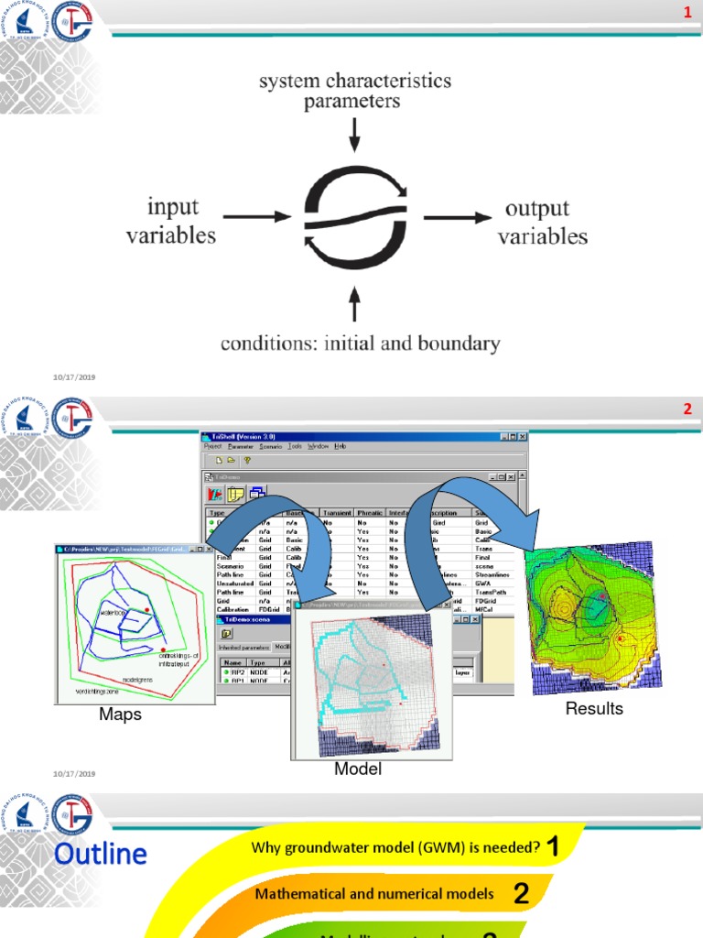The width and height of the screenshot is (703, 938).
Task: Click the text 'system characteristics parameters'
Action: [x=354, y=91]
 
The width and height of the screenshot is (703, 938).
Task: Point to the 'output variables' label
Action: [x=542, y=222]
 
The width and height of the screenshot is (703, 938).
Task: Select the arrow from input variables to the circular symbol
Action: [x=255, y=218]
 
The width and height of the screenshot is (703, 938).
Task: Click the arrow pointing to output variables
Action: [x=455, y=218]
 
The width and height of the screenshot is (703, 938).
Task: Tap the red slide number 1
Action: [x=687, y=11]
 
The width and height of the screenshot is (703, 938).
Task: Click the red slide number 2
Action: [x=687, y=409]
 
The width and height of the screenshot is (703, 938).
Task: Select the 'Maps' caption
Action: [x=120, y=714]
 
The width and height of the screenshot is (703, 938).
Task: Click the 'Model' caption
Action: [x=358, y=769]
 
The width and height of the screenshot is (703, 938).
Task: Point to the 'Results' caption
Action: [x=594, y=708]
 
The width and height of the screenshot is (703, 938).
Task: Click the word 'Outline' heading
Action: [x=100, y=855]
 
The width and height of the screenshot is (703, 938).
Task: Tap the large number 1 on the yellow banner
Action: [x=552, y=847]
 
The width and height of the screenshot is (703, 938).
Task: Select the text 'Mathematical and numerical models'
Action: [x=374, y=893]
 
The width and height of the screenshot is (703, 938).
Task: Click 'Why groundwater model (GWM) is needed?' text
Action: [x=395, y=848]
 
